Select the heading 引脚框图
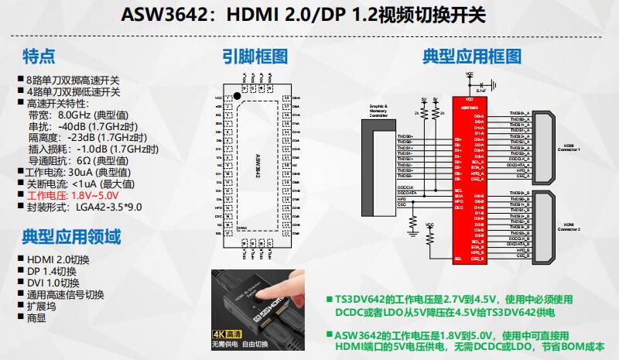point(255,57)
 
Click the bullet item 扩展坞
point(42,306)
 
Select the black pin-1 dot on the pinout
point(239,101)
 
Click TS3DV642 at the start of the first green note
point(361,298)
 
